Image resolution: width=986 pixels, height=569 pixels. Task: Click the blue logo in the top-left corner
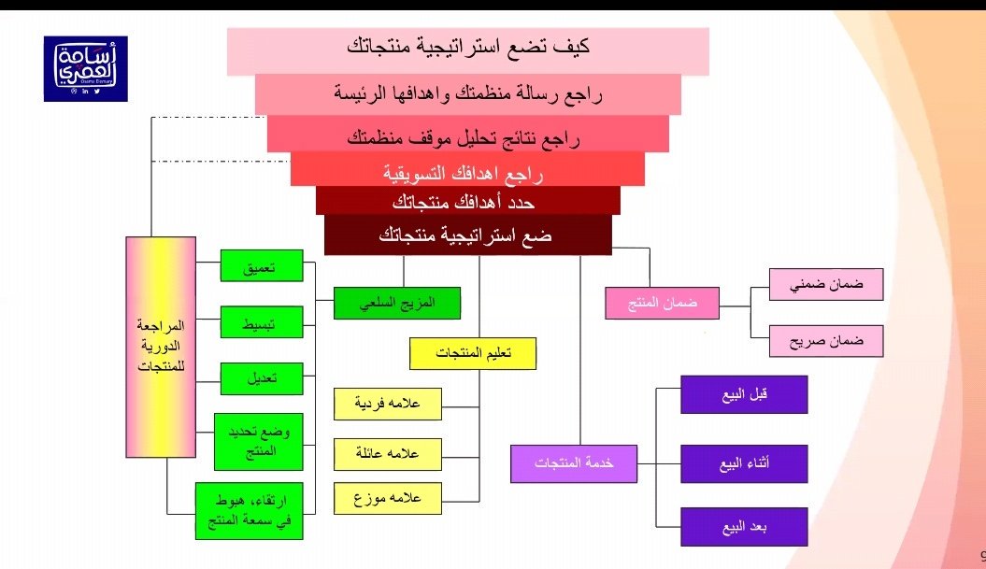[x=85, y=68]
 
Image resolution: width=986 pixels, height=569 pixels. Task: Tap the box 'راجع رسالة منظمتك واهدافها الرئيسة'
[x=467, y=93]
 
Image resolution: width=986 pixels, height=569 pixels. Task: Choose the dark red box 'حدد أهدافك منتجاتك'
[x=467, y=201]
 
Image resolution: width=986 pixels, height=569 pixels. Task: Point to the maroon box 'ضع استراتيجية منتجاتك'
[x=467, y=235]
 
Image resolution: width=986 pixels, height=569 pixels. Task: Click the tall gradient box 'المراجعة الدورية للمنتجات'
[x=161, y=347]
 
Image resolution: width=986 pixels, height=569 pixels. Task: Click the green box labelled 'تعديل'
[x=260, y=378]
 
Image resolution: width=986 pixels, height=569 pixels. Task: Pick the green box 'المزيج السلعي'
[x=385, y=303]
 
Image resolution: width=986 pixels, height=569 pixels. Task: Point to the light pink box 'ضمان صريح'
[x=826, y=341]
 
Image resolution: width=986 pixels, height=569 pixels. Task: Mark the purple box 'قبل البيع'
[x=744, y=394]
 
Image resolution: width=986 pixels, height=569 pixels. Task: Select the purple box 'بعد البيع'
[x=744, y=527]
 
